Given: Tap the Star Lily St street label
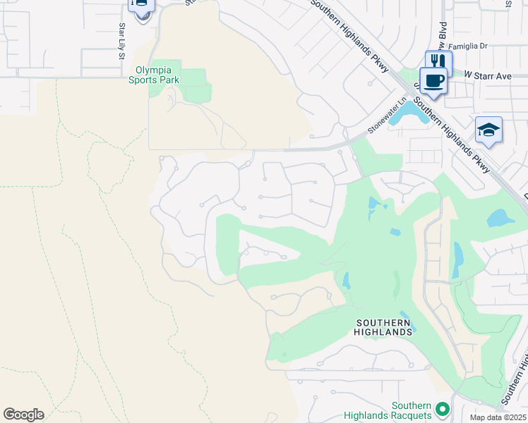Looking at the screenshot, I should [x=121, y=39].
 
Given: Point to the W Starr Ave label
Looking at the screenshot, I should [x=487, y=75].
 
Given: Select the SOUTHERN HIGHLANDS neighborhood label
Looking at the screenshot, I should [x=383, y=327].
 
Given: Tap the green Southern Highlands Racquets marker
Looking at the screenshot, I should [x=442, y=409].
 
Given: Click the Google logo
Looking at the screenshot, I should [x=23, y=414].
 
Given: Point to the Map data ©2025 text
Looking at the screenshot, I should [x=497, y=417].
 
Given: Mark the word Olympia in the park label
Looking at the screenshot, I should [x=154, y=70].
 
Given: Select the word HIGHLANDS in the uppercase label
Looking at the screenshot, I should [x=383, y=331].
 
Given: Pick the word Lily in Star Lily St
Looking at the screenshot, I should [x=121, y=39].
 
